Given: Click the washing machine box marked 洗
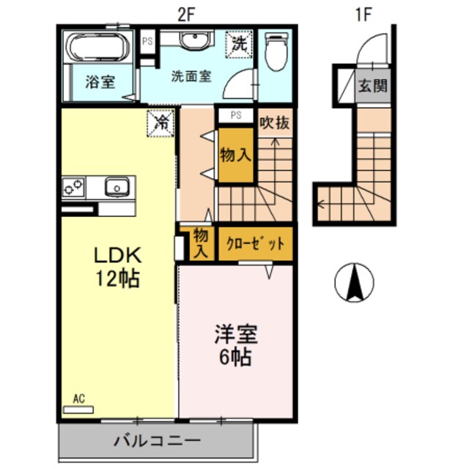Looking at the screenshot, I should tap(240, 44).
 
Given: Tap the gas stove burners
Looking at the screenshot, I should tap(74, 187).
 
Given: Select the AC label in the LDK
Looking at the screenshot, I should tap(78, 399).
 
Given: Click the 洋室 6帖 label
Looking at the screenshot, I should tap(235, 346).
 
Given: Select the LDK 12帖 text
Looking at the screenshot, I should tap(116, 267).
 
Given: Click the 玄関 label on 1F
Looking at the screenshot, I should tap(372, 86).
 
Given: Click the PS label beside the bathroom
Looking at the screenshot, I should tap(147, 41).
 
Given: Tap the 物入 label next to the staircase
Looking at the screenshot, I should tap(236, 155).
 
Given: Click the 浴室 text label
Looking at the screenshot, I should tap(99, 81).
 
